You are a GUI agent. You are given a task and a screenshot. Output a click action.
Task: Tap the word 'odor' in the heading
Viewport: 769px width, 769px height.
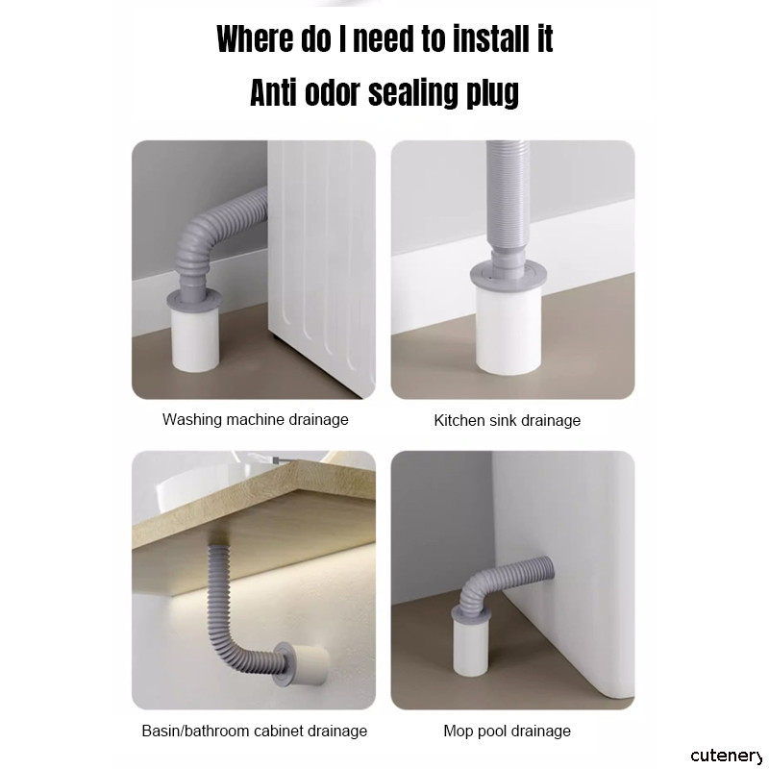(x=333, y=91)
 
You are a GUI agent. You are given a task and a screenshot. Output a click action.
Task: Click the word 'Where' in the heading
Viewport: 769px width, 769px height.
(x=255, y=38)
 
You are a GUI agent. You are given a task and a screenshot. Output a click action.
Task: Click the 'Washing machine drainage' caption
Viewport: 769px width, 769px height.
(x=255, y=419)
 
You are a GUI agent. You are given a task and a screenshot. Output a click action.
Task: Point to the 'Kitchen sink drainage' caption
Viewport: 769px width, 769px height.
(x=508, y=420)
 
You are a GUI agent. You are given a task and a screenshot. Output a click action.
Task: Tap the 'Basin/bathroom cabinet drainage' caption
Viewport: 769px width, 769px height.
(x=255, y=731)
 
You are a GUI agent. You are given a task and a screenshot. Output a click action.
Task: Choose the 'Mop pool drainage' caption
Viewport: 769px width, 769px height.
(x=508, y=731)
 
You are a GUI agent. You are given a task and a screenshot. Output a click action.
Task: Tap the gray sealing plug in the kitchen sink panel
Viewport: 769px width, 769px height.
(x=507, y=275)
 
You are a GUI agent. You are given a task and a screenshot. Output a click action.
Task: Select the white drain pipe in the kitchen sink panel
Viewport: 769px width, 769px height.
(x=509, y=331)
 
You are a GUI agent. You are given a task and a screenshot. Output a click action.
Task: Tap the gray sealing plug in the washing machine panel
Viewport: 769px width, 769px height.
(x=195, y=299)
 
